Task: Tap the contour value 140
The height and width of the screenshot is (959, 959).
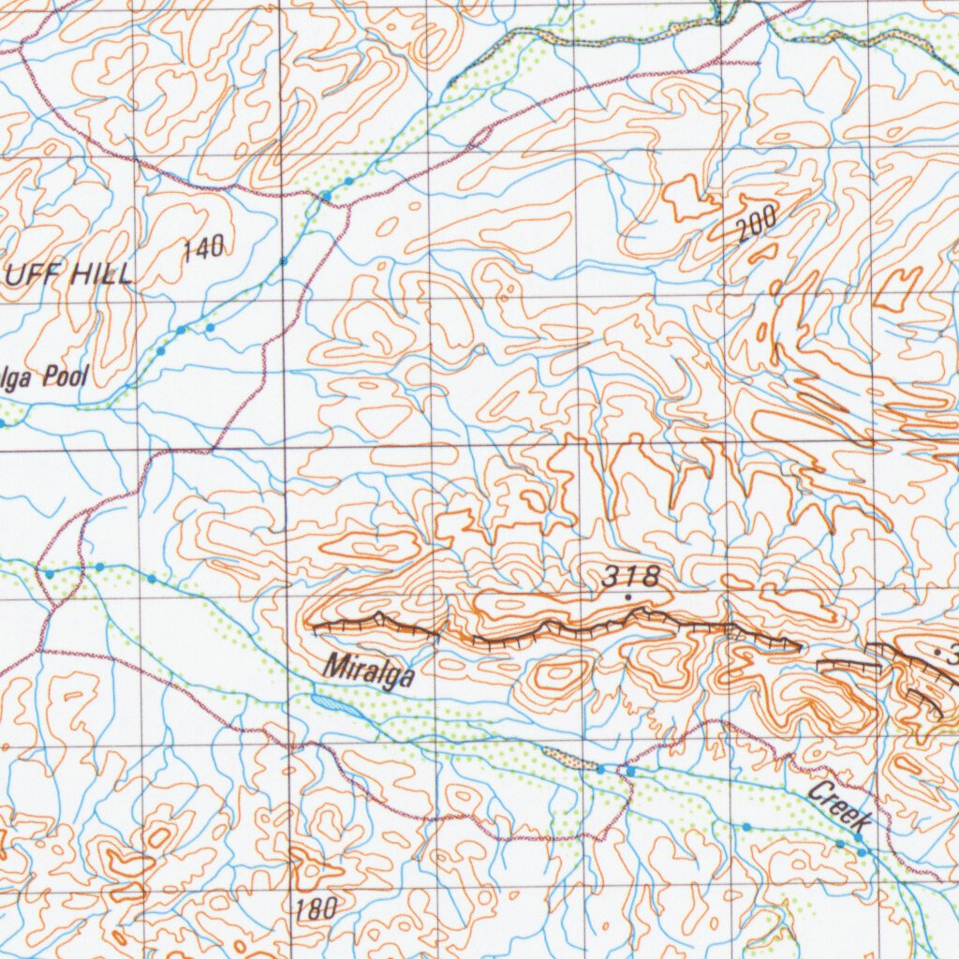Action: [204, 248]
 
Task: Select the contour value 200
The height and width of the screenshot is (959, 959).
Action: [757, 225]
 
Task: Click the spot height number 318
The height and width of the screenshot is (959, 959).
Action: [631, 577]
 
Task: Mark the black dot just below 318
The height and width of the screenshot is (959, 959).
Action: [627, 597]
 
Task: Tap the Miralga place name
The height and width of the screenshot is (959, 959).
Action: [368, 671]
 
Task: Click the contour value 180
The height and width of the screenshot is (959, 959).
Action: [315, 907]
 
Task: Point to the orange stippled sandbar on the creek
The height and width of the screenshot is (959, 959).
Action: [573, 760]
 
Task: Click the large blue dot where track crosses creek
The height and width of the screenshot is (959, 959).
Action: [326, 195]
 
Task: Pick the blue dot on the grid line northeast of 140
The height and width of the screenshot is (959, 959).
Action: [283, 260]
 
